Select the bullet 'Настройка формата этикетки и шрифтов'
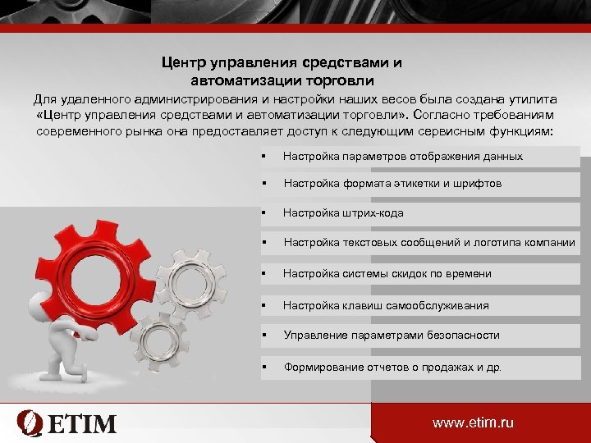click(x=392, y=184)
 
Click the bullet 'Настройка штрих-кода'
click(x=343, y=213)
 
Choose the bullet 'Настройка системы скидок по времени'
click(x=387, y=274)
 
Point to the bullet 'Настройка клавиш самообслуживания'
click(x=386, y=305)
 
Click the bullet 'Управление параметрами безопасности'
click(x=392, y=336)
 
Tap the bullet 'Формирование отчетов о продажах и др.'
click(x=392, y=368)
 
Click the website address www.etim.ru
click(x=473, y=422)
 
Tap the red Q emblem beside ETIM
click(x=30, y=423)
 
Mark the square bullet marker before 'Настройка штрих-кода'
click(x=263, y=213)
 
